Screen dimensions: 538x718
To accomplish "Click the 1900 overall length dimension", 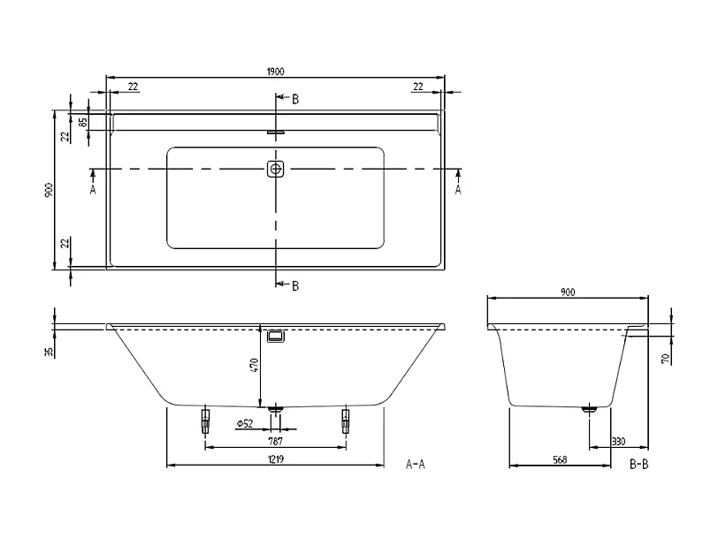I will tap(275, 72).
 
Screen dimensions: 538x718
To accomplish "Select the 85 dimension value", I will tap(83, 122).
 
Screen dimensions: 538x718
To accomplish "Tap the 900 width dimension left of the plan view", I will tap(50, 189).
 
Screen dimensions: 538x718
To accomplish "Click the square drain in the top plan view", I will tap(276, 168).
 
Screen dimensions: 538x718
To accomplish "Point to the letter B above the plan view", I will tap(295, 100).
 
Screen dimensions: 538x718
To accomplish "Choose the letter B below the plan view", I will tap(295, 284).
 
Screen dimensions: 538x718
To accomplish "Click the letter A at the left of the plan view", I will tap(93, 189).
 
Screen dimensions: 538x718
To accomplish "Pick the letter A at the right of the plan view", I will tap(458, 189).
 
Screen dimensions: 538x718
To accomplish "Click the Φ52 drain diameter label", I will tap(245, 424).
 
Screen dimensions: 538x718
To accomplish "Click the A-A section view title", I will tap(415, 464).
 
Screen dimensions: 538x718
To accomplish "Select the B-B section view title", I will tap(638, 464).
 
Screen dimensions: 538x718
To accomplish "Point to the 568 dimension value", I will tap(559, 460).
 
